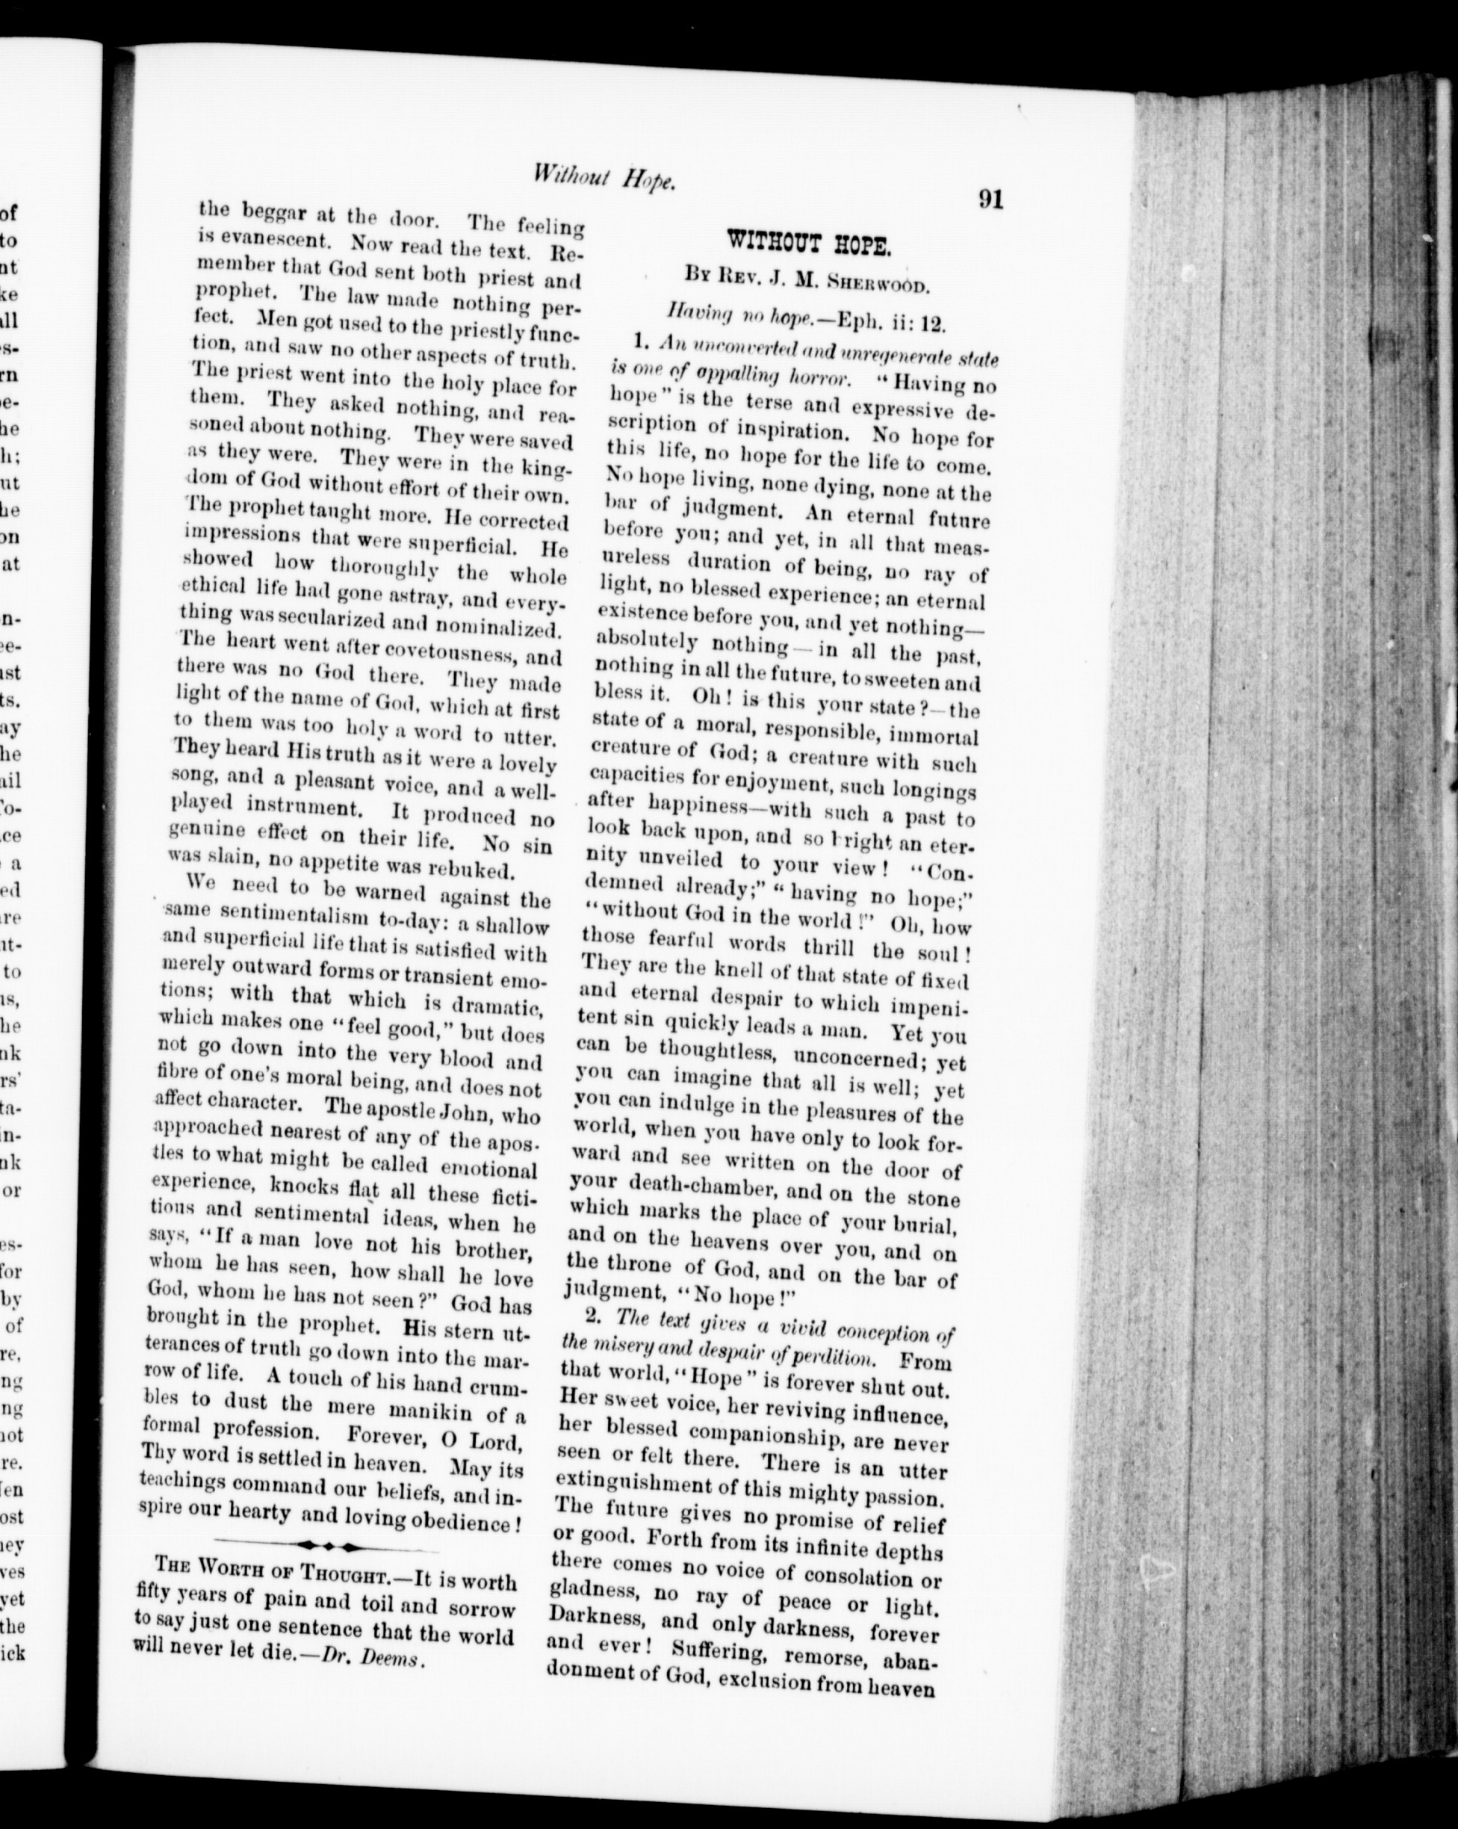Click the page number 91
click(990, 200)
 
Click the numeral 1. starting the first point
click(641, 341)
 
